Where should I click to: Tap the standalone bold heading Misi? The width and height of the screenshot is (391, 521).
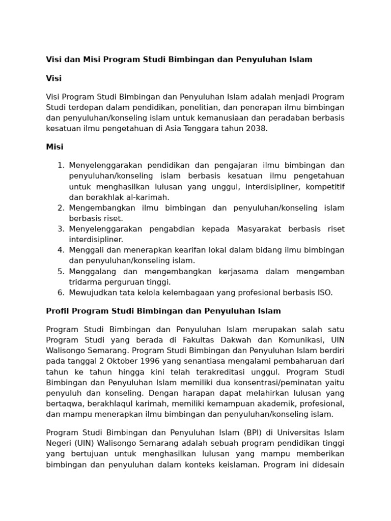(54, 147)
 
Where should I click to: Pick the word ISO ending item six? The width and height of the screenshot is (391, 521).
(324, 293)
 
